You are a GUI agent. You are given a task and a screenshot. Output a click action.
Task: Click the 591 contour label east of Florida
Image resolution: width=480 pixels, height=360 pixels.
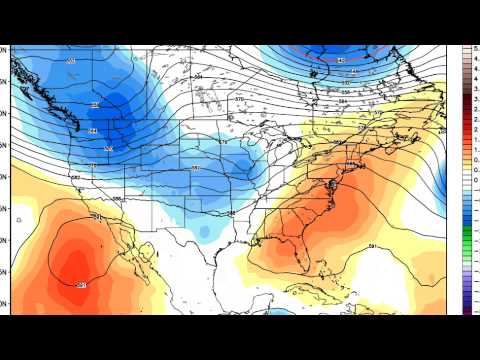tap(372, 245)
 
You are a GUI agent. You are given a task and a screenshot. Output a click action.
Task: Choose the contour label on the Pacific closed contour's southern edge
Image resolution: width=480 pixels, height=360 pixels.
tap(81, 286)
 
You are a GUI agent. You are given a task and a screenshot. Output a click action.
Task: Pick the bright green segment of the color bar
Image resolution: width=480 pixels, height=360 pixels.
tap(466, 236)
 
